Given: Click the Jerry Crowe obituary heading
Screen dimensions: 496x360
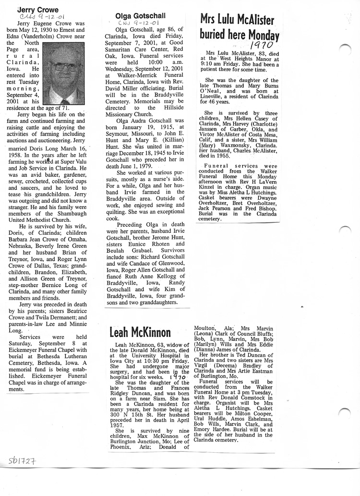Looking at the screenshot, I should pos(38,10).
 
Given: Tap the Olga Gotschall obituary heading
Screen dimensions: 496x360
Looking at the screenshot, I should pos(141,16).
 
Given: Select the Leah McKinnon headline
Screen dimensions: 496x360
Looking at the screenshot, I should pos(140,332).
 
